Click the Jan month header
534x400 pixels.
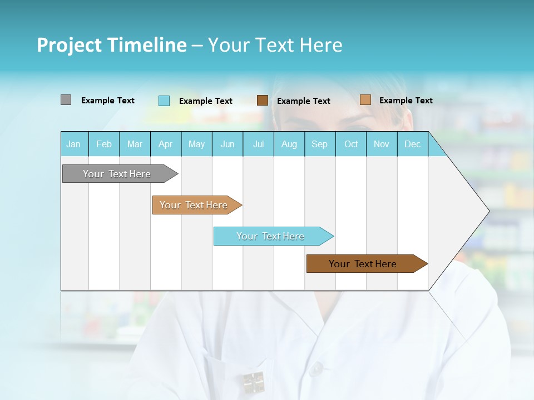click(x=73, y=144)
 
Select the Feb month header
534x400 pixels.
click(x=104, y=144)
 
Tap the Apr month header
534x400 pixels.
click(x=165, y=144)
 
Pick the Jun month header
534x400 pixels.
click(x=228, y=144)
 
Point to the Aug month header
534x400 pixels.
click(x=289, y=144)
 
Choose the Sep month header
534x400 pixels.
click(x=319, y=144)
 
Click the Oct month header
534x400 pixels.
click(x=351, y=144)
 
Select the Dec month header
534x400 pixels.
click(x=412, y=144)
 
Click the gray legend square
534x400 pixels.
click(x=66, y=100)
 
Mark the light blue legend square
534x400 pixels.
click(x=164, y=101)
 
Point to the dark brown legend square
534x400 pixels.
click(x=263, y=101)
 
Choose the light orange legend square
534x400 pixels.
click(x=365, y=100)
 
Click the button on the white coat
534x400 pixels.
click(x=316, y=368)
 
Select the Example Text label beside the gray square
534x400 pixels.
click(x=108, y=101)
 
